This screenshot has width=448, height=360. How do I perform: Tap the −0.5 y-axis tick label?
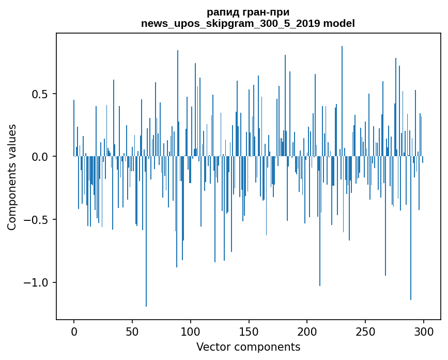tap(37, 220)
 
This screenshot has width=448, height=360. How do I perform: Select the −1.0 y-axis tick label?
tap(37, 283)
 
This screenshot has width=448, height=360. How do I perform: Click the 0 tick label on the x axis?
tap(74, 331)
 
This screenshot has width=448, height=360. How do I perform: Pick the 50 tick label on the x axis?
tap(132, 331)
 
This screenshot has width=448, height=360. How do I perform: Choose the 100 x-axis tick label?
tap(191, 331)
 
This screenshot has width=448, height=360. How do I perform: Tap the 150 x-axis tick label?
tap(249, 331)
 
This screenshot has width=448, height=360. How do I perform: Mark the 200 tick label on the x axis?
tap(307, 331)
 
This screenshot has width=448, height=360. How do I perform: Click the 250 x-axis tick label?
tap(365, 331)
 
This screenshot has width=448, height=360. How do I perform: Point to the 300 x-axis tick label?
tap(424, 331)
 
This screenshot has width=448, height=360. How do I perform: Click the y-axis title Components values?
tap(12, 177)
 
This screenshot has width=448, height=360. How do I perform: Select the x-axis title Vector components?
tap(248, 347)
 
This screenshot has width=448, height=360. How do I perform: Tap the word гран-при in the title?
tap(268, 12)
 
